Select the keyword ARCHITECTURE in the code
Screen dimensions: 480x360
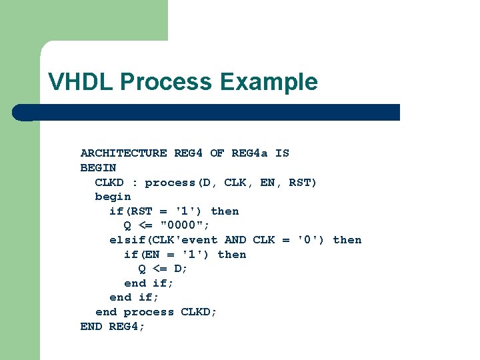123,153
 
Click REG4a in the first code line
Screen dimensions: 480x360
249,153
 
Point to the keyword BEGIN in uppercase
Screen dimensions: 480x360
98,168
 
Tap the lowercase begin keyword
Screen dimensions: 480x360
113,197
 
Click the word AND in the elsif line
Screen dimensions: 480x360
235,240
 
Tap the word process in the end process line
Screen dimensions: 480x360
149,312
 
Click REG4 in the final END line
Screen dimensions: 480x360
123,327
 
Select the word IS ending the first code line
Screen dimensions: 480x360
282,153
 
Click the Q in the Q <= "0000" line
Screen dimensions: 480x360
127,225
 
